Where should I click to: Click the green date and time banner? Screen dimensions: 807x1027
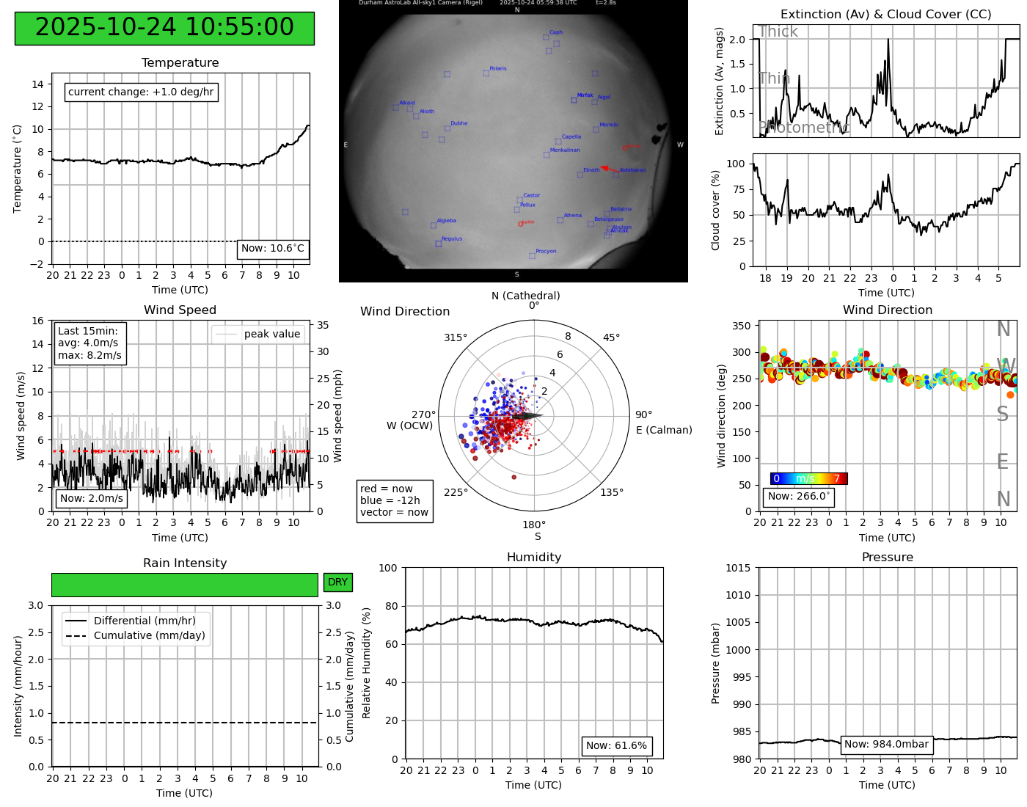[164, 28]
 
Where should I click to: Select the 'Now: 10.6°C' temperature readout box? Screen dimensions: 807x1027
[273, 249]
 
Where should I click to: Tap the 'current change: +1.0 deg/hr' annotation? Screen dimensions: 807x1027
[141, 92]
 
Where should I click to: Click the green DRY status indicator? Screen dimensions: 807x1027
[337, 583]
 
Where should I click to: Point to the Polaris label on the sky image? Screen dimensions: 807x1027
[498, 69]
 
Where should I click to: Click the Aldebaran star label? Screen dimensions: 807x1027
[632, 170]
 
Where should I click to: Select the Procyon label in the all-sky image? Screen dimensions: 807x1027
[546, 252]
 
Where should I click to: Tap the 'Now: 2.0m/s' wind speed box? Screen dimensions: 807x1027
[92, 499]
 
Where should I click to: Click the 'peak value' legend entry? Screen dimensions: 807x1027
[271, 335]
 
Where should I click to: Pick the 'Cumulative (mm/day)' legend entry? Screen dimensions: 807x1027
[149, 636]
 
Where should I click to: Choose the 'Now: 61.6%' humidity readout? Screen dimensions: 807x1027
[616, 746]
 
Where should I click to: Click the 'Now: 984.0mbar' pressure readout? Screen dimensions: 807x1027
[886, 745]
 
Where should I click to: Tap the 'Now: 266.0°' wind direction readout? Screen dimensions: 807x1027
[798, 497]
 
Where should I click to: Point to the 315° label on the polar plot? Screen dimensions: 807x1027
[455, 338]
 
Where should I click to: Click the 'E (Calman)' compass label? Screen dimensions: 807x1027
[664, 431]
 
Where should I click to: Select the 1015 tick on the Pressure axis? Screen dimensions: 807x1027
[738, 568]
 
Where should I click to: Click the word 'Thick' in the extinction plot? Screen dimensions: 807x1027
[778, 32]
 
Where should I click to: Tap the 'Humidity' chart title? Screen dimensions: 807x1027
[534, 558]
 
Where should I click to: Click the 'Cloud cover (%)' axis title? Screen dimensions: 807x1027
[715, 210]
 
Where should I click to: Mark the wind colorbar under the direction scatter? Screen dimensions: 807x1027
[808, 479]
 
